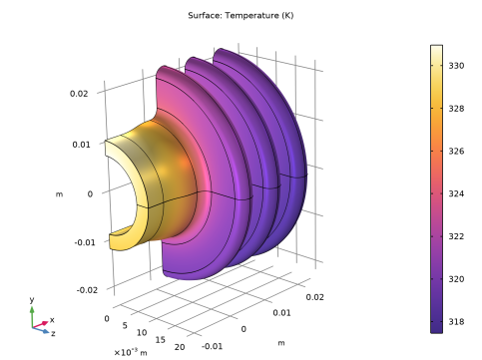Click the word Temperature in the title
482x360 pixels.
point(251,16)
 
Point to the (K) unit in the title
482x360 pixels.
point(287,16)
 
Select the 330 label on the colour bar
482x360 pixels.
point(456,66)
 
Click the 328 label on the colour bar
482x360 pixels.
point(456,109)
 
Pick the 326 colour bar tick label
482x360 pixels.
point(456,151)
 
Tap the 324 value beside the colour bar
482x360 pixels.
point(456,193)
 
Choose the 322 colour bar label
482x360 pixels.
point(456,236)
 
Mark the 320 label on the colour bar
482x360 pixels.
point(456,279)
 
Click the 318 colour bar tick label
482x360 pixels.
point(456,321)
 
